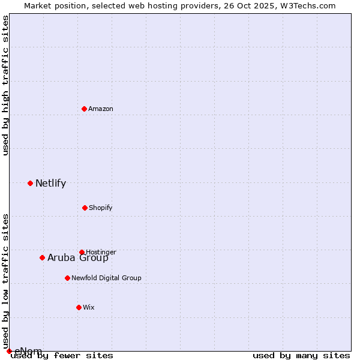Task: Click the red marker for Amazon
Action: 84,109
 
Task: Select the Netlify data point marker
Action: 30,183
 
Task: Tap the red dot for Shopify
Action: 85,208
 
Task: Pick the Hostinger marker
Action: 82,252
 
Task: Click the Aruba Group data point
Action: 42,257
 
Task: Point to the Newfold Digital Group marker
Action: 67,278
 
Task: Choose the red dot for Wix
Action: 79,307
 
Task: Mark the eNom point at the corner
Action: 9,351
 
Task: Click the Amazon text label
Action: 101,109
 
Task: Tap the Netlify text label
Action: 50,183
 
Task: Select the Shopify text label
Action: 101,208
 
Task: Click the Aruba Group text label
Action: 78,258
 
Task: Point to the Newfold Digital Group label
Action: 106,278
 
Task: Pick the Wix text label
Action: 89,307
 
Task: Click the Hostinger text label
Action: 101,252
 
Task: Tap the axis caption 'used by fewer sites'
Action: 62,355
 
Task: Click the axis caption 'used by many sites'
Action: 301,355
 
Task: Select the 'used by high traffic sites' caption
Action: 6,85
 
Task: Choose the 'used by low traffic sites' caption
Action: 6,281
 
